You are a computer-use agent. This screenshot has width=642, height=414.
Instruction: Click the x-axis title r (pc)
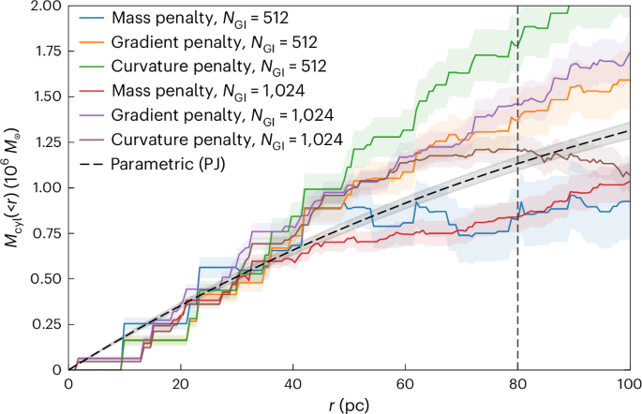349,405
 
